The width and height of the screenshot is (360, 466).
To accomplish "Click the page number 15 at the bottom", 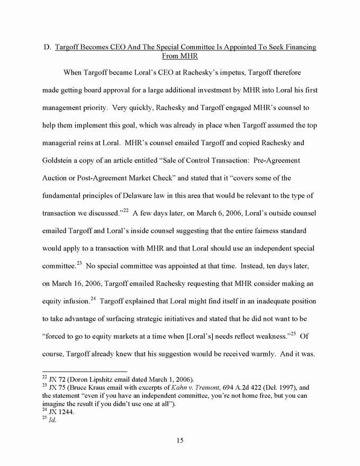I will [180, 438].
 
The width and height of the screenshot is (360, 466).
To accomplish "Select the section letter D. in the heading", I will [47, 47].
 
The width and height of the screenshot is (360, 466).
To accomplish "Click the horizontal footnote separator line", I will [85, 371].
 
